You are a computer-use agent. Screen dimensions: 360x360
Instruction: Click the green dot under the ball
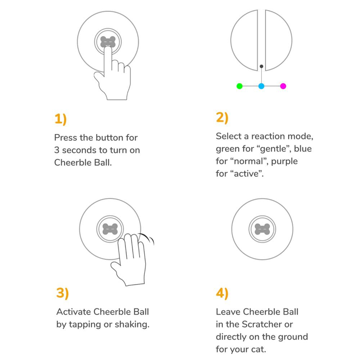(x=239, y=86)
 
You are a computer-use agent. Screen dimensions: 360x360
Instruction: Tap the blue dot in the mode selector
(x=261, y=86)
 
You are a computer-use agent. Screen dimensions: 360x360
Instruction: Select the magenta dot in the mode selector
(x=283, y=86)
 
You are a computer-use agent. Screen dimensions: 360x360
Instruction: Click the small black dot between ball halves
(x=261, y=66)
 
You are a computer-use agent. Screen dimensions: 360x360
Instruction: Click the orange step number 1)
(x=60, y=119)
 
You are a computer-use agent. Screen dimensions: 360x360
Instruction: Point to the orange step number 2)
(x=222, y=118)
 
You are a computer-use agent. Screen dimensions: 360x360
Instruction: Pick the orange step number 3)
(x=62, y=293)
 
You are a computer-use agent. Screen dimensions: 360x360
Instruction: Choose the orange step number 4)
(x=222, y=293)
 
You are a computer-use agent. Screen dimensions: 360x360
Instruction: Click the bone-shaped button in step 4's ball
(x=262, y=229)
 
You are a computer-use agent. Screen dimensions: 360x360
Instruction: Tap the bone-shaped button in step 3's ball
(x=110, y=229)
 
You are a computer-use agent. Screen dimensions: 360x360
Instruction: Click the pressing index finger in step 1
(x=108, y=61)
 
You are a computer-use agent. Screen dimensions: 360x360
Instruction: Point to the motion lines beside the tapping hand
(x=148, y=238)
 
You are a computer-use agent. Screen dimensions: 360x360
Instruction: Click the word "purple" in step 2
(x=284, y=162)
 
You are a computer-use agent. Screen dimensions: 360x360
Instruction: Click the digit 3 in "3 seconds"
(x=57, y=150)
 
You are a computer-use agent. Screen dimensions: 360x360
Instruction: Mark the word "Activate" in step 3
(x=74, y=312)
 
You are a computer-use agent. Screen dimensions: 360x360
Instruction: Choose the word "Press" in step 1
(x=66, y=138)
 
